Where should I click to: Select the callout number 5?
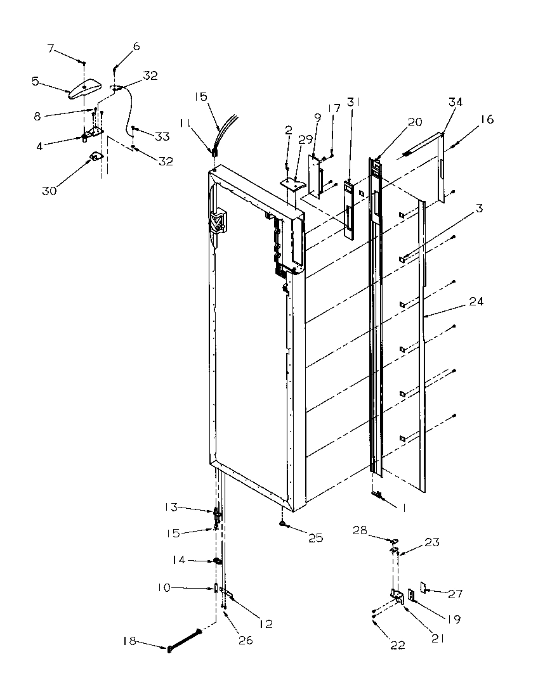click(36, 81)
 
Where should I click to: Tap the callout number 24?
click(476, 302)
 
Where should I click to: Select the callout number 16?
click(487, 119)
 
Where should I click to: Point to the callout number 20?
click(415, 123)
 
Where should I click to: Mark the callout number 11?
click(185, 122)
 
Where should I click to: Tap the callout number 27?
click(455, 594)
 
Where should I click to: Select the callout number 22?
click(398, 646)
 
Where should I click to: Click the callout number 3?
click(477, 208)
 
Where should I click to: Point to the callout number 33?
click(162, 136)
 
